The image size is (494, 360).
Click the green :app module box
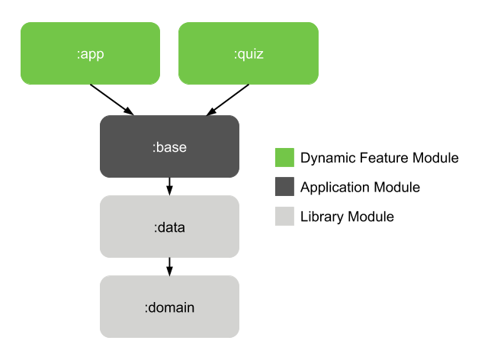(x=90, y=53)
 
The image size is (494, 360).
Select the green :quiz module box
(x=249, y=53)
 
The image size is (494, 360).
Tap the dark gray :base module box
(x=169, y=145)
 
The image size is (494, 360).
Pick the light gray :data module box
(x=169, y=227)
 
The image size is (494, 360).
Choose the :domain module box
(x=169, y=307)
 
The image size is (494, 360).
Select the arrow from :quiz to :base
(x=227, y=99)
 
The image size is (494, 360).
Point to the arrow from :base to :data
(x=169, y=185)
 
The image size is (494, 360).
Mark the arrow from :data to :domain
(x=169, y=265)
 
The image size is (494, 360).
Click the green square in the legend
(x=284, y=158)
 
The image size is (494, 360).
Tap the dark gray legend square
(x=284, y=187)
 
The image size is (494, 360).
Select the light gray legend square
(x=284, y=217)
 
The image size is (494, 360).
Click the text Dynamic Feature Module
(x=379, y=158)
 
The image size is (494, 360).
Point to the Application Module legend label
(x=360, y=187)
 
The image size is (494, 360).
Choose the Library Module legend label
(x=347, y=217)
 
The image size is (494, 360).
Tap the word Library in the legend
(x=322, y=217)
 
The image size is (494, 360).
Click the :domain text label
(x=169, y=307)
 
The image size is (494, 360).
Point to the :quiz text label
(x=249, y=53)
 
